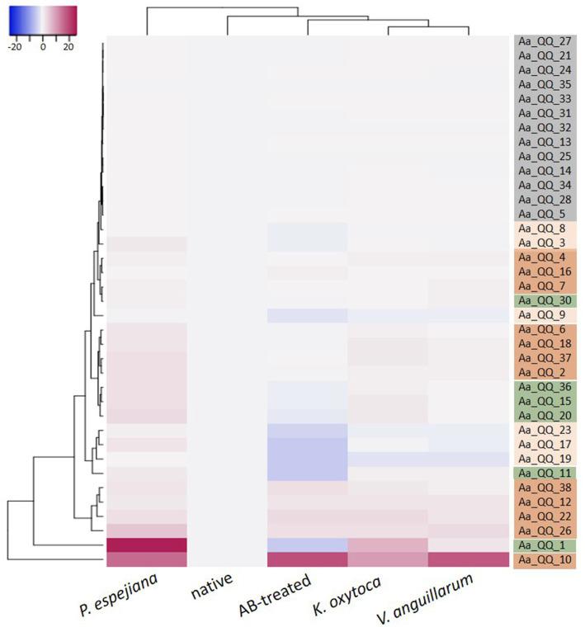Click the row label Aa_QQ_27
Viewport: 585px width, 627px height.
545,41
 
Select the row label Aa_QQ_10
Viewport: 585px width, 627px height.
545,560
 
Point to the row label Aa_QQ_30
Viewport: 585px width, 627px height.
545,300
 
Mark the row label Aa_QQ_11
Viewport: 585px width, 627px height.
545,474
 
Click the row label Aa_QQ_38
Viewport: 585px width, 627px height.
545,488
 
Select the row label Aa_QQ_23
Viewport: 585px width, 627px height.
545,430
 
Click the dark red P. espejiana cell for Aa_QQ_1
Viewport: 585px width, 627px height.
147,545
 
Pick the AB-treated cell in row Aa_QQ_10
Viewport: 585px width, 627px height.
307,560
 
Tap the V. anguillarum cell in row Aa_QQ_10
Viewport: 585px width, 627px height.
469,560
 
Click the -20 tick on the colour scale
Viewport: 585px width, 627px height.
15,48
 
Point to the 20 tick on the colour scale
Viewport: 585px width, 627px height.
68,48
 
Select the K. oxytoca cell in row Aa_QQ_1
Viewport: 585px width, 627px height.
388,545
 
